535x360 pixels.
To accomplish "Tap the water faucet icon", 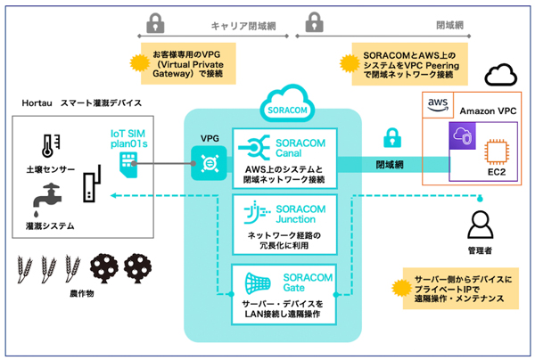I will (x=45, y=197).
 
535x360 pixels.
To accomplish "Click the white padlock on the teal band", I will (x=390, y=139).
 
